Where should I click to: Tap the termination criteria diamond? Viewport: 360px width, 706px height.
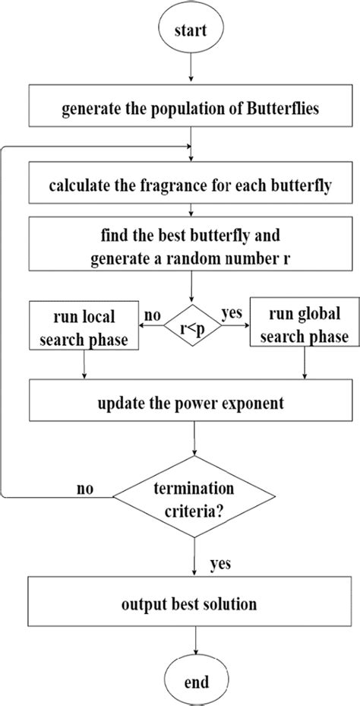pyautogui.click(x=194, y=499)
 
